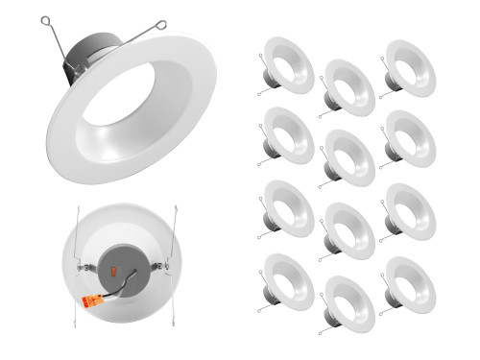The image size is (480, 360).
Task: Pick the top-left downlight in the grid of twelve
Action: (x=287, y=66)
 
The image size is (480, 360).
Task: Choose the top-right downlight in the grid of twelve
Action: (x=408, y=67)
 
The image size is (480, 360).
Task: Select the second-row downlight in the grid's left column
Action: (x=287, y=136)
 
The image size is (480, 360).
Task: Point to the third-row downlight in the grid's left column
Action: (x=287, y=209)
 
